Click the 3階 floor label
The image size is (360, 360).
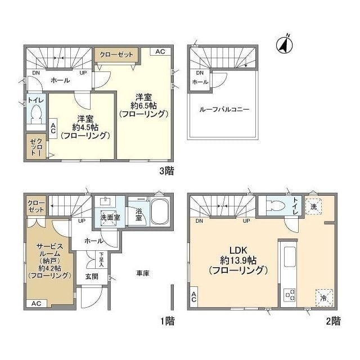166,172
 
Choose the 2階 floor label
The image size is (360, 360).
332,321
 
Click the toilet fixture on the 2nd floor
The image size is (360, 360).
276,205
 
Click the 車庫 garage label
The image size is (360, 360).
143,273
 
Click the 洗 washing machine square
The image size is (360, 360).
313,206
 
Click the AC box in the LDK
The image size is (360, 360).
194,298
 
